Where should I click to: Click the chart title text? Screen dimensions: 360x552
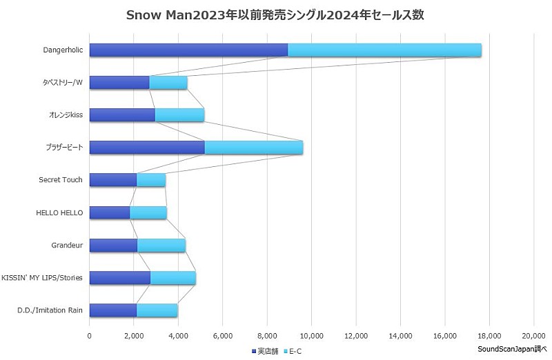[276, 15]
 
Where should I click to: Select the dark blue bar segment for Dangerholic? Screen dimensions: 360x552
[188, 50]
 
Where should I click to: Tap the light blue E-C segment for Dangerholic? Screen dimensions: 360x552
[384, 50]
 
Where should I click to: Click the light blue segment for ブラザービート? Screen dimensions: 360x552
[253, 148]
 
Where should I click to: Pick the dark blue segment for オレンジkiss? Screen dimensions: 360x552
[122, 115]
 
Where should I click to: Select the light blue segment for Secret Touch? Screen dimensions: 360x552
[151, 180]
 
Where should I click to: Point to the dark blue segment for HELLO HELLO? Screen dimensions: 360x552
[110, 212]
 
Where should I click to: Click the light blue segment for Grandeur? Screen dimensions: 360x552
[161, 245]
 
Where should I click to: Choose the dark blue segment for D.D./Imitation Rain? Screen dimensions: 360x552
[113, 310]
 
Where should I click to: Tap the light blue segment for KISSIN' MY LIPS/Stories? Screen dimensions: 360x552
[173, 278]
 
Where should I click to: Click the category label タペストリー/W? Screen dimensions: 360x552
[61, 82]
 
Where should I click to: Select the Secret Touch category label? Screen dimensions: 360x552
[61, 180]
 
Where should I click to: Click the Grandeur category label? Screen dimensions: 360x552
[67, 245]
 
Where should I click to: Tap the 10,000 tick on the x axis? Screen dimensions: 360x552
[311, 335]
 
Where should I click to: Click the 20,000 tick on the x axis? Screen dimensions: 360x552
[533, 335]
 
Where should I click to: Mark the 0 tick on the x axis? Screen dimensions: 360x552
[90, 335]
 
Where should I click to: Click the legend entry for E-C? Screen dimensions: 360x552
[293, 351]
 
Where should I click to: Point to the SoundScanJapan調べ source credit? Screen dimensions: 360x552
[511, 349]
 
